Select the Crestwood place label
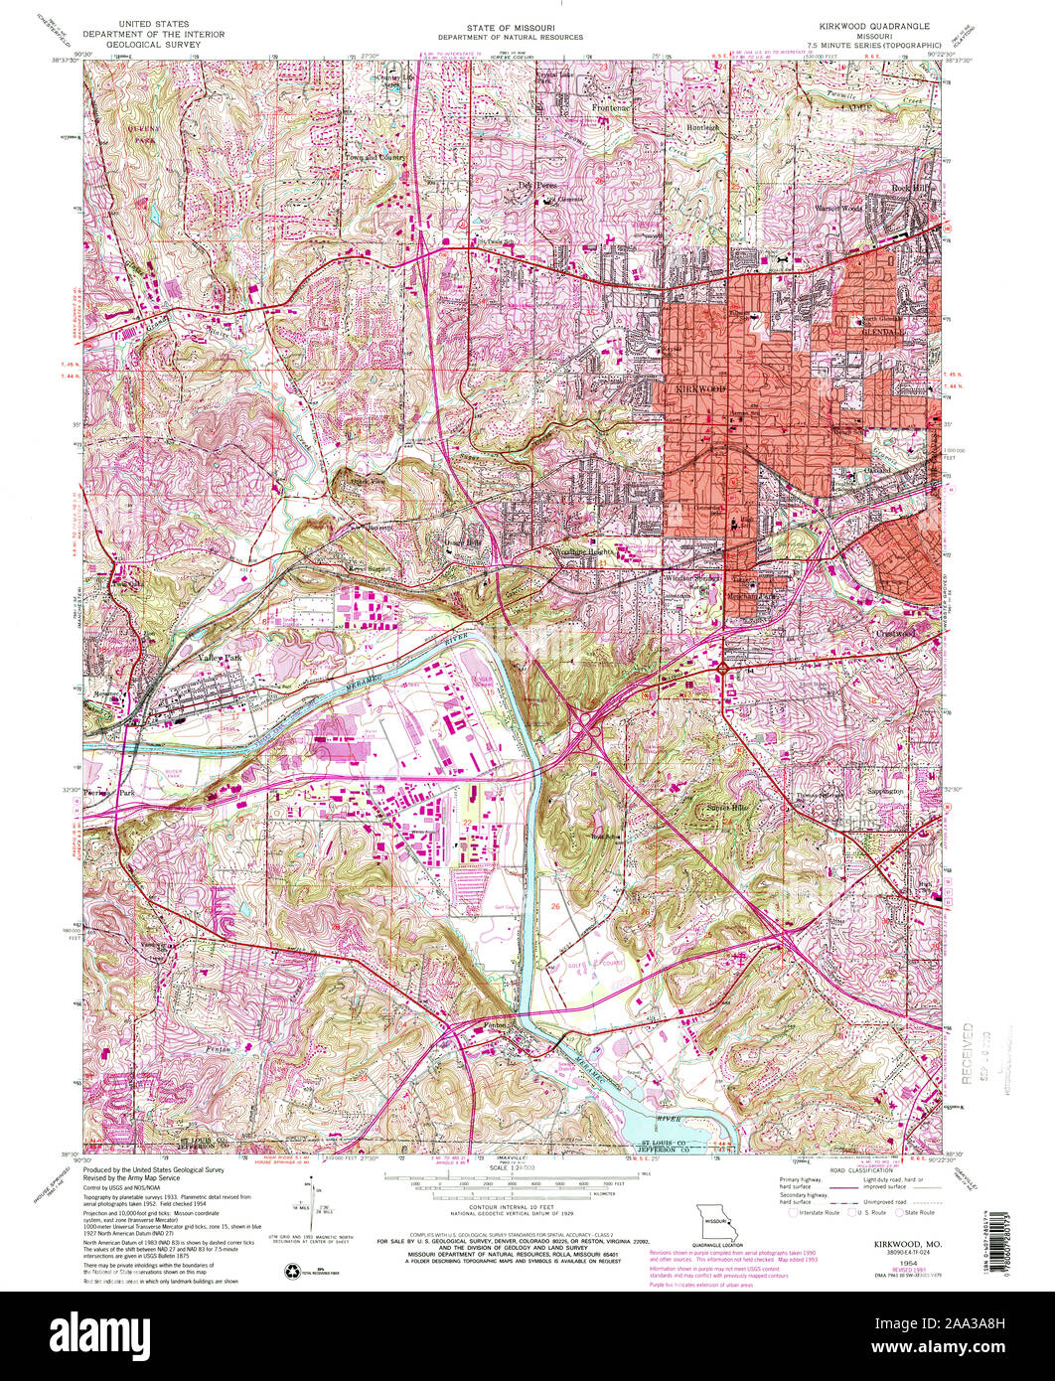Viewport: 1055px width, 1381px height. click(x=894, y=631)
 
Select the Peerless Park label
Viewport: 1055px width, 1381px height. click(x=109, y=794)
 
